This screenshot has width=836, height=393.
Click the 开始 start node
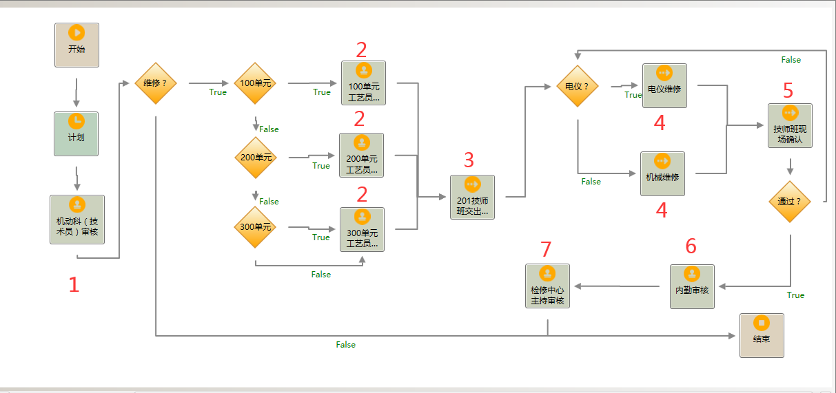click(77, 45)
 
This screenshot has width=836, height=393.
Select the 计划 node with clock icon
click(77, 134)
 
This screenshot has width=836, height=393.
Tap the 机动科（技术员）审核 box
click(77, 219)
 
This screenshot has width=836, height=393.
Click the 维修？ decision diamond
click(156, 84)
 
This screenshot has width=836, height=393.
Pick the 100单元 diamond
click(255, 84)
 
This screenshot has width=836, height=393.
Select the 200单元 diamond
click(256, 157)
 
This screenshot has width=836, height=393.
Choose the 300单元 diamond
click(256, 227)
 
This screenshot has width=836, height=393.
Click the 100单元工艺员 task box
click(363, 83)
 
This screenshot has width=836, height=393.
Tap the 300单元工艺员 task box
click(363, 229)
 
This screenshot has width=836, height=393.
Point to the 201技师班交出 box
click(472, 197)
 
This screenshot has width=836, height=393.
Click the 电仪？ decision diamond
click(577, 87)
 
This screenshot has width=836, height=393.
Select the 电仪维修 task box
click(664, 85)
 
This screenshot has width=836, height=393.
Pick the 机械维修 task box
click(662, 173)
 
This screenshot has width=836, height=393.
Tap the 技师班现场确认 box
click(790, 125)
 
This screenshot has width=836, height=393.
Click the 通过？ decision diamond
click(790, 202)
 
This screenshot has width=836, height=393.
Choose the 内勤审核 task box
click(692, 286)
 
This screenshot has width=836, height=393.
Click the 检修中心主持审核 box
click(547, 286)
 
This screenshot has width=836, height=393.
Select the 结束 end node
click(762, 335)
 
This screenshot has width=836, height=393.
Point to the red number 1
click(74, 284)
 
